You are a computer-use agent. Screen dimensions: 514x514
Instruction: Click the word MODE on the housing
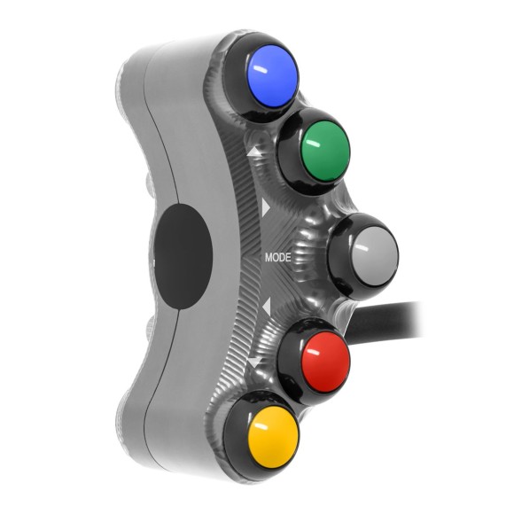coord(277,258)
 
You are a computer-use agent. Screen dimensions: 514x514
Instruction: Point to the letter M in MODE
coord(269,258)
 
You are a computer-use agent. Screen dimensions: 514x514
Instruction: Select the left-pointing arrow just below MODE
coord(264,307)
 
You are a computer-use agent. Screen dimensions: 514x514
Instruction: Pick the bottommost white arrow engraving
coord(255,362)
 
